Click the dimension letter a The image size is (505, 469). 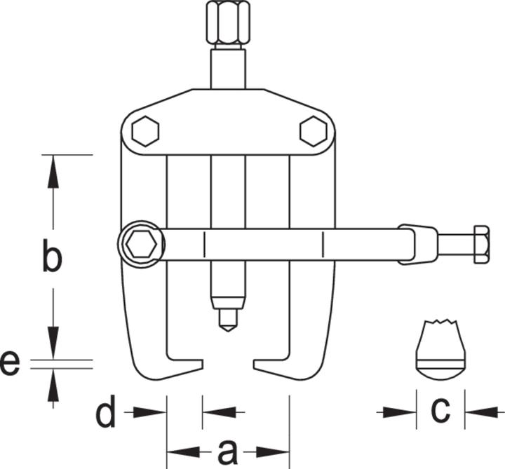[228, 453]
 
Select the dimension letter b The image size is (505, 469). [52, 254]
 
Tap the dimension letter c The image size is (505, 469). [440, 410]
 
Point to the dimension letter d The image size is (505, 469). [106, 412]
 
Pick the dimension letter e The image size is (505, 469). [10, 364]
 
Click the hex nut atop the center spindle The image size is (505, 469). [228, 22]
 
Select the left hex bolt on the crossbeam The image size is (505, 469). [146, 131]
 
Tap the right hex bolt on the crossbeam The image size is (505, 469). [313, 131]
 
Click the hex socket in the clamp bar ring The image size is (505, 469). [142, 245]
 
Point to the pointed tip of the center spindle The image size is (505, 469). [228, 331]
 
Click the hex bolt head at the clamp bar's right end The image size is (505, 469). [482, 245]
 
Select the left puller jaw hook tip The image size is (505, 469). [203, 364]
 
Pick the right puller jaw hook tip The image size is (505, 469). [254, 364]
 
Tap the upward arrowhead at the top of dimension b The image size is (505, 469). [53, 172]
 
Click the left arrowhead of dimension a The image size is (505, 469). [184, 452]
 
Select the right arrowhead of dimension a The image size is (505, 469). [273, 452]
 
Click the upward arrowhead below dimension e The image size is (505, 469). [53, 386]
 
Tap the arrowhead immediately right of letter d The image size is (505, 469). [150, 412]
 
